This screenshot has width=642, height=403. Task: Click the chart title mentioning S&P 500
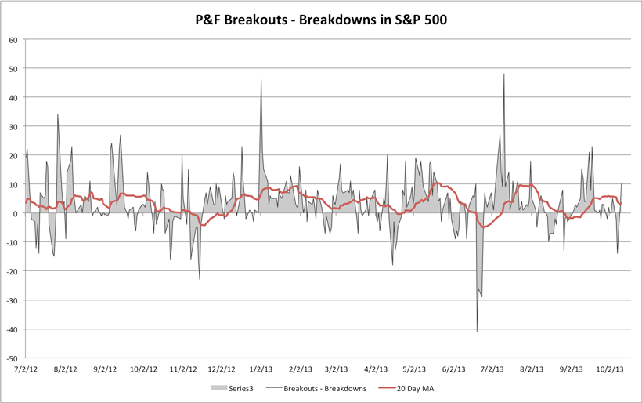click(x=321, y=20)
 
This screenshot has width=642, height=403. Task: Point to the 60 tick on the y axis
click(x=13, y=39)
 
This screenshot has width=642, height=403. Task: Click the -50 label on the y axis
click(x=12, y=358)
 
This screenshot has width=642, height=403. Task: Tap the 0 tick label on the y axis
click(x=16, y=213)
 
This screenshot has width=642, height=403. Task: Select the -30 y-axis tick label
click(x=12, y=300)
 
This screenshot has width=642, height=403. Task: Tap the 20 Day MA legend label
click(x=415, y=388)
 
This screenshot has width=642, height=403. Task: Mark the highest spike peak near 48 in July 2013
click(x=504, y=74)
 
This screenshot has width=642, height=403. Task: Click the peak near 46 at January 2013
click(x=261, y=80)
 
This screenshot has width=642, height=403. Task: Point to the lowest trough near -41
click(x=477, y=332)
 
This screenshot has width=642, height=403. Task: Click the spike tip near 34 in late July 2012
click(x=58, y=114)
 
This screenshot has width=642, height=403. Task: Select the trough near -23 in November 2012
click(x=200, y=279)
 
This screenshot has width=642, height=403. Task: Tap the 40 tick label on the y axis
click(x=13, y=97)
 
